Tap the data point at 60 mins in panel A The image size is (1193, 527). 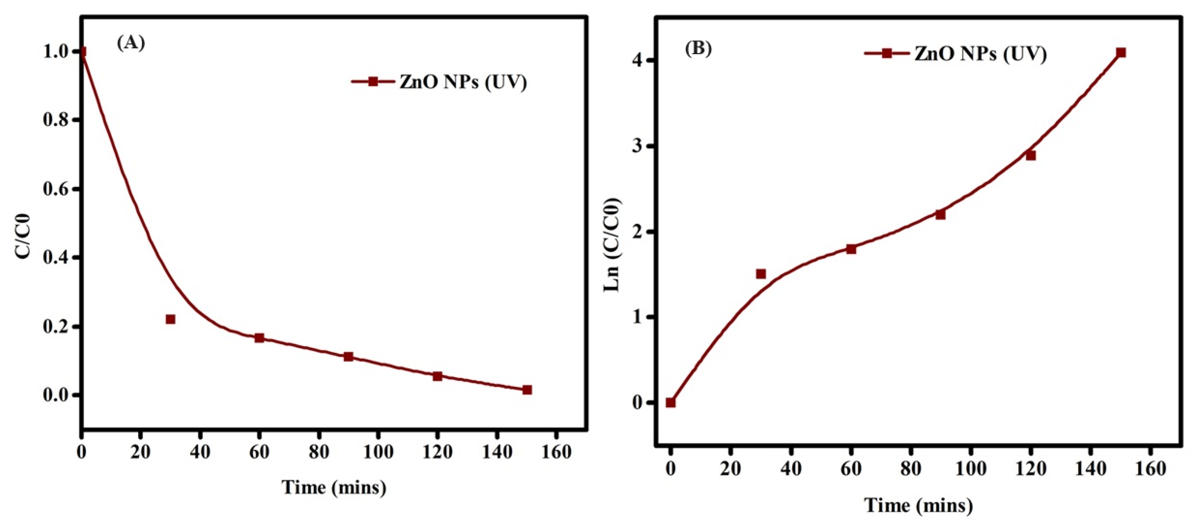[x=259, y=338]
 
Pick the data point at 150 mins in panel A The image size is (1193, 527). [x=527, y=390]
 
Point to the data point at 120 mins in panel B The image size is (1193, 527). [x=1031, y=155]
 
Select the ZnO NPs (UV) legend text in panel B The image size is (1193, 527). [x=980, y=54]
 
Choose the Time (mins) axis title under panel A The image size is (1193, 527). [x=334, y=487]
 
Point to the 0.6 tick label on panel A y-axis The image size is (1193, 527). [x=57, y=189]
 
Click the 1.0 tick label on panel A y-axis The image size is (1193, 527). [x=57, y=52]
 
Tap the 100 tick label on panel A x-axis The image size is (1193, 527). [x=378, y=452]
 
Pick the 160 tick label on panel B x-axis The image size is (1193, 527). [x=1150, y=469]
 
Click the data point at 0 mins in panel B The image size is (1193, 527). [x=671, y=402]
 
